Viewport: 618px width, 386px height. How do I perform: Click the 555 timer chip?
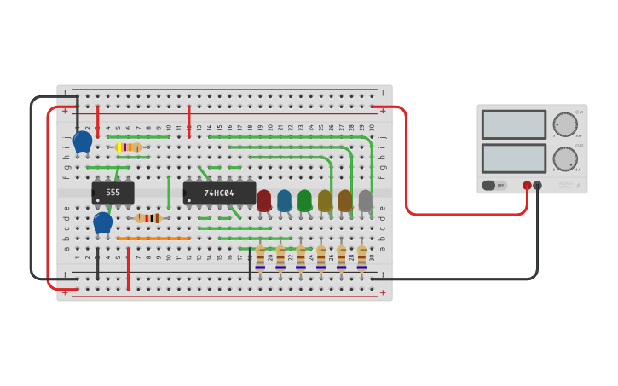[113, 193]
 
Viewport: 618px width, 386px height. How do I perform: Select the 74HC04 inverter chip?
[219, 193]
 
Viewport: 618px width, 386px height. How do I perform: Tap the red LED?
[264, 200]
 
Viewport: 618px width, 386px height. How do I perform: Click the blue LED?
[284, 200]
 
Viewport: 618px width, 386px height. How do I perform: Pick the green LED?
[304, 200]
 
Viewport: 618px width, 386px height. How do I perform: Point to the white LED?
[366, 200]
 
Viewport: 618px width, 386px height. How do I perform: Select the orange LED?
[345, 200]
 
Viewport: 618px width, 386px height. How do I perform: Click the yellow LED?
[325, 200]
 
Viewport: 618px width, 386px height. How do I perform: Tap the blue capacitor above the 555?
[83, 141]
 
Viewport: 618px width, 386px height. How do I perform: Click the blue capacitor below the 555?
[102, 223]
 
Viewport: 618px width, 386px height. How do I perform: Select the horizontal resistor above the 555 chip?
[128, 147]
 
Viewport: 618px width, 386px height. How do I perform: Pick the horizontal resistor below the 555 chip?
[148, 218]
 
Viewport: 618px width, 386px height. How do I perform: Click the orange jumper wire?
[153, 239]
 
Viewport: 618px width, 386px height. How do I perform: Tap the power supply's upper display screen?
[513, 124]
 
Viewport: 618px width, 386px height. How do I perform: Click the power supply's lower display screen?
[513, 158]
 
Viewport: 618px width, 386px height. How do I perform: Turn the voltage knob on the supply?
[564, 124]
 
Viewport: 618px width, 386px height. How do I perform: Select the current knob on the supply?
[564, 158]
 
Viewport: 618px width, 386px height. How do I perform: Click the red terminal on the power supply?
[527, 185]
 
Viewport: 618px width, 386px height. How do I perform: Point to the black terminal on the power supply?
[537, 185]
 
